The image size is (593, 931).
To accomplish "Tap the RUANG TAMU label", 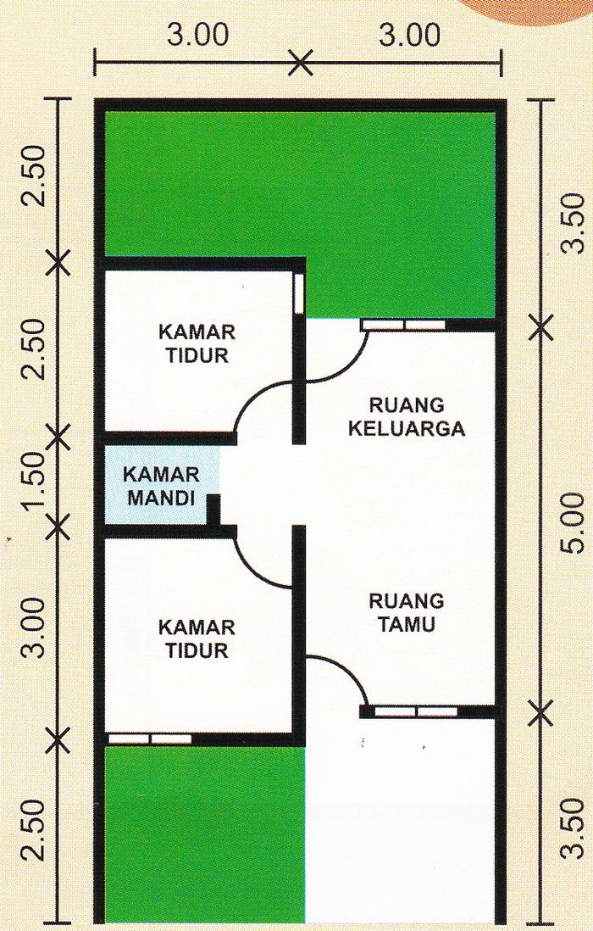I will coord(406,613).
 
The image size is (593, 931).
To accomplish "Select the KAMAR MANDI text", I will coord(161,485).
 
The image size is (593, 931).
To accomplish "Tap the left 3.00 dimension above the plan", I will coord(197,36).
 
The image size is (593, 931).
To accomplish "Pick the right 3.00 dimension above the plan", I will coord(409,36).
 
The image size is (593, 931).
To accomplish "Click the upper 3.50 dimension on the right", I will coord(573,222).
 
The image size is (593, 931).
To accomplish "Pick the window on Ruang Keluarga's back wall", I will coord(403,325).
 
